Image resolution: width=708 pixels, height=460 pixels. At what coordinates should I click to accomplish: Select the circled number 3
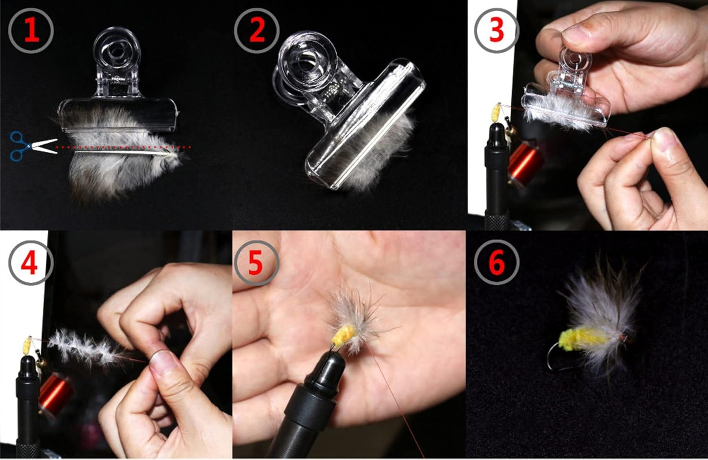[x=496, y=30]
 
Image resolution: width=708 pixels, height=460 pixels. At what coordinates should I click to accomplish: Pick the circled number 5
[x=255, y=263]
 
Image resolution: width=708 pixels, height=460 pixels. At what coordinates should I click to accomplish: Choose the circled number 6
[x=496, y=263]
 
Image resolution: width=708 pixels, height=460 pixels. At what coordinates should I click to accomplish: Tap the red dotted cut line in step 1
[x=123, y=147]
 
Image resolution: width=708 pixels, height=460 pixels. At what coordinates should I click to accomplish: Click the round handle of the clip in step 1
[x=116, y=49]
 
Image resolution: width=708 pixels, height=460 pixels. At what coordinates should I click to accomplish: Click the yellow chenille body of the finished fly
[x=582, y=339]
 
